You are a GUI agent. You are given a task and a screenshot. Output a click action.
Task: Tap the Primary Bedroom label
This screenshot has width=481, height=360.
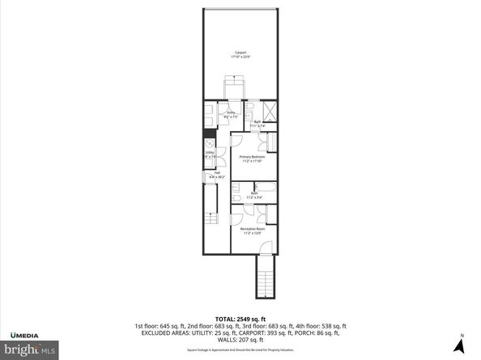tap(253, 156)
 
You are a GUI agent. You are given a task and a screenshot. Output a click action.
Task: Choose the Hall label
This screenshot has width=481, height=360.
tap(217, 172)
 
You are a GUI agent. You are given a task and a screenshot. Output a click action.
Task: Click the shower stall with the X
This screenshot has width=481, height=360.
tap(270, 112)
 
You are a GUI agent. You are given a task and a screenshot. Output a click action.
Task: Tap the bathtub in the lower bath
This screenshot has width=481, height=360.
tap(265, 186)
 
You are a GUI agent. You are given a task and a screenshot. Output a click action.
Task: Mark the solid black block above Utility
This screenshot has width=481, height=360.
tap(209, 135)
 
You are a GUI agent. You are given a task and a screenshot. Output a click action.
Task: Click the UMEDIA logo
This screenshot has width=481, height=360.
tap(29, 334)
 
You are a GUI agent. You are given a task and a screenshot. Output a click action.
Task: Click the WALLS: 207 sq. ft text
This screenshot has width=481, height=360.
tap(240, 339)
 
